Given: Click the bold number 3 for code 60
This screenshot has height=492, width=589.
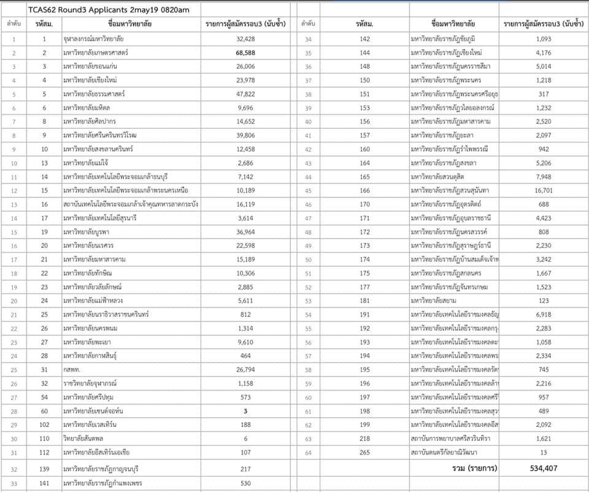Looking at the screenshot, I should click(245, 410).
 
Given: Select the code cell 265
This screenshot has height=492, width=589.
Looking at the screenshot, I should click(365, 453).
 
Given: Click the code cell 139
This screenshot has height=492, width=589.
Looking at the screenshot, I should click(44, 469).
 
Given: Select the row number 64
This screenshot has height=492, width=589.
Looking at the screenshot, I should click(309, 453).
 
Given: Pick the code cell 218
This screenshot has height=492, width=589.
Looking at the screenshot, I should click(365, 439).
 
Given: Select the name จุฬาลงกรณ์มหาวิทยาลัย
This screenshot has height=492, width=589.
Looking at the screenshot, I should click(98, 39).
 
